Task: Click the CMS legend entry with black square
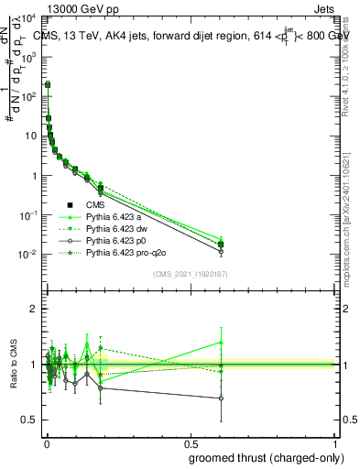(x=95, y=205)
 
